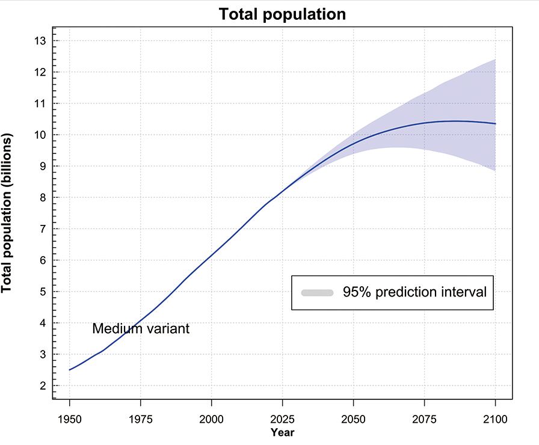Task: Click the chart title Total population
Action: click(x=282, y=14)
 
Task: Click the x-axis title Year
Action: click(x=282, y=432)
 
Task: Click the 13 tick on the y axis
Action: click(x=40, y=41)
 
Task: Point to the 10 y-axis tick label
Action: click(x=40, y=135)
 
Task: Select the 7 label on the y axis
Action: click(x=42, y=229)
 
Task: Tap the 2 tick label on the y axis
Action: click(x=42, y=385)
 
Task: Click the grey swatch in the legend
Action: click(x=317, y=293)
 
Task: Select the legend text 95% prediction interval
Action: click(x=414, y=293)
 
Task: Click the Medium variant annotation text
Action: click(x=141, y=329)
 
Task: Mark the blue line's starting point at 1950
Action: click(x=70, y=370)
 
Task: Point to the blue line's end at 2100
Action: click(x=495, y=123)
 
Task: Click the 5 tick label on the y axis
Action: click(x=42, y=292)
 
